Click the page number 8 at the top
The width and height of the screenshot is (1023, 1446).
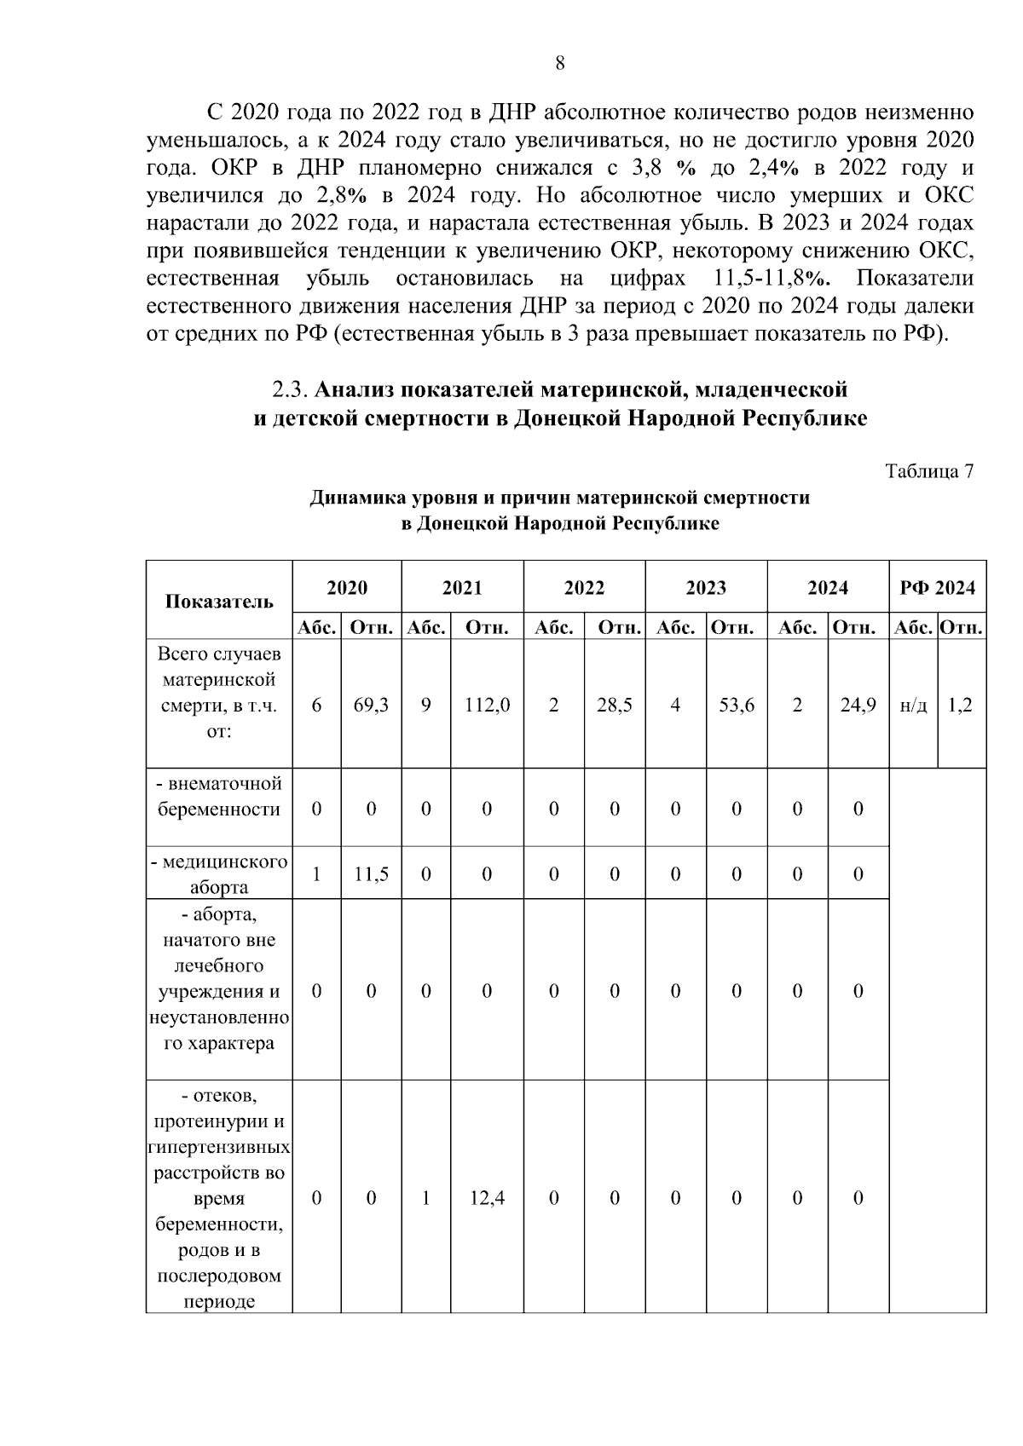pyautogui.click(x=559, y=64)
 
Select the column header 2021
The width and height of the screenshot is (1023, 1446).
pyautogui.click(x=462, y=588)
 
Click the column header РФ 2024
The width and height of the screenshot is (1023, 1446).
pyautogui.click(x=938, y=588)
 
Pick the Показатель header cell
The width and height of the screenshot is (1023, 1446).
pyautogui.click(x=219, y=601)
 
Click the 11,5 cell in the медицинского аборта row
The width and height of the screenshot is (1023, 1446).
pyautogui.click(x=371, y=874)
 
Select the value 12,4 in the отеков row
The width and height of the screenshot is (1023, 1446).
pyautogui.click(x=487, y=1198)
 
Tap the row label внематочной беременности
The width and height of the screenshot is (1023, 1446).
pyautogui.click(x=219, y=797)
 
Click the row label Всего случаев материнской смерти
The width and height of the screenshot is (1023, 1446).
pyautogui.click(x=219, y=693)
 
